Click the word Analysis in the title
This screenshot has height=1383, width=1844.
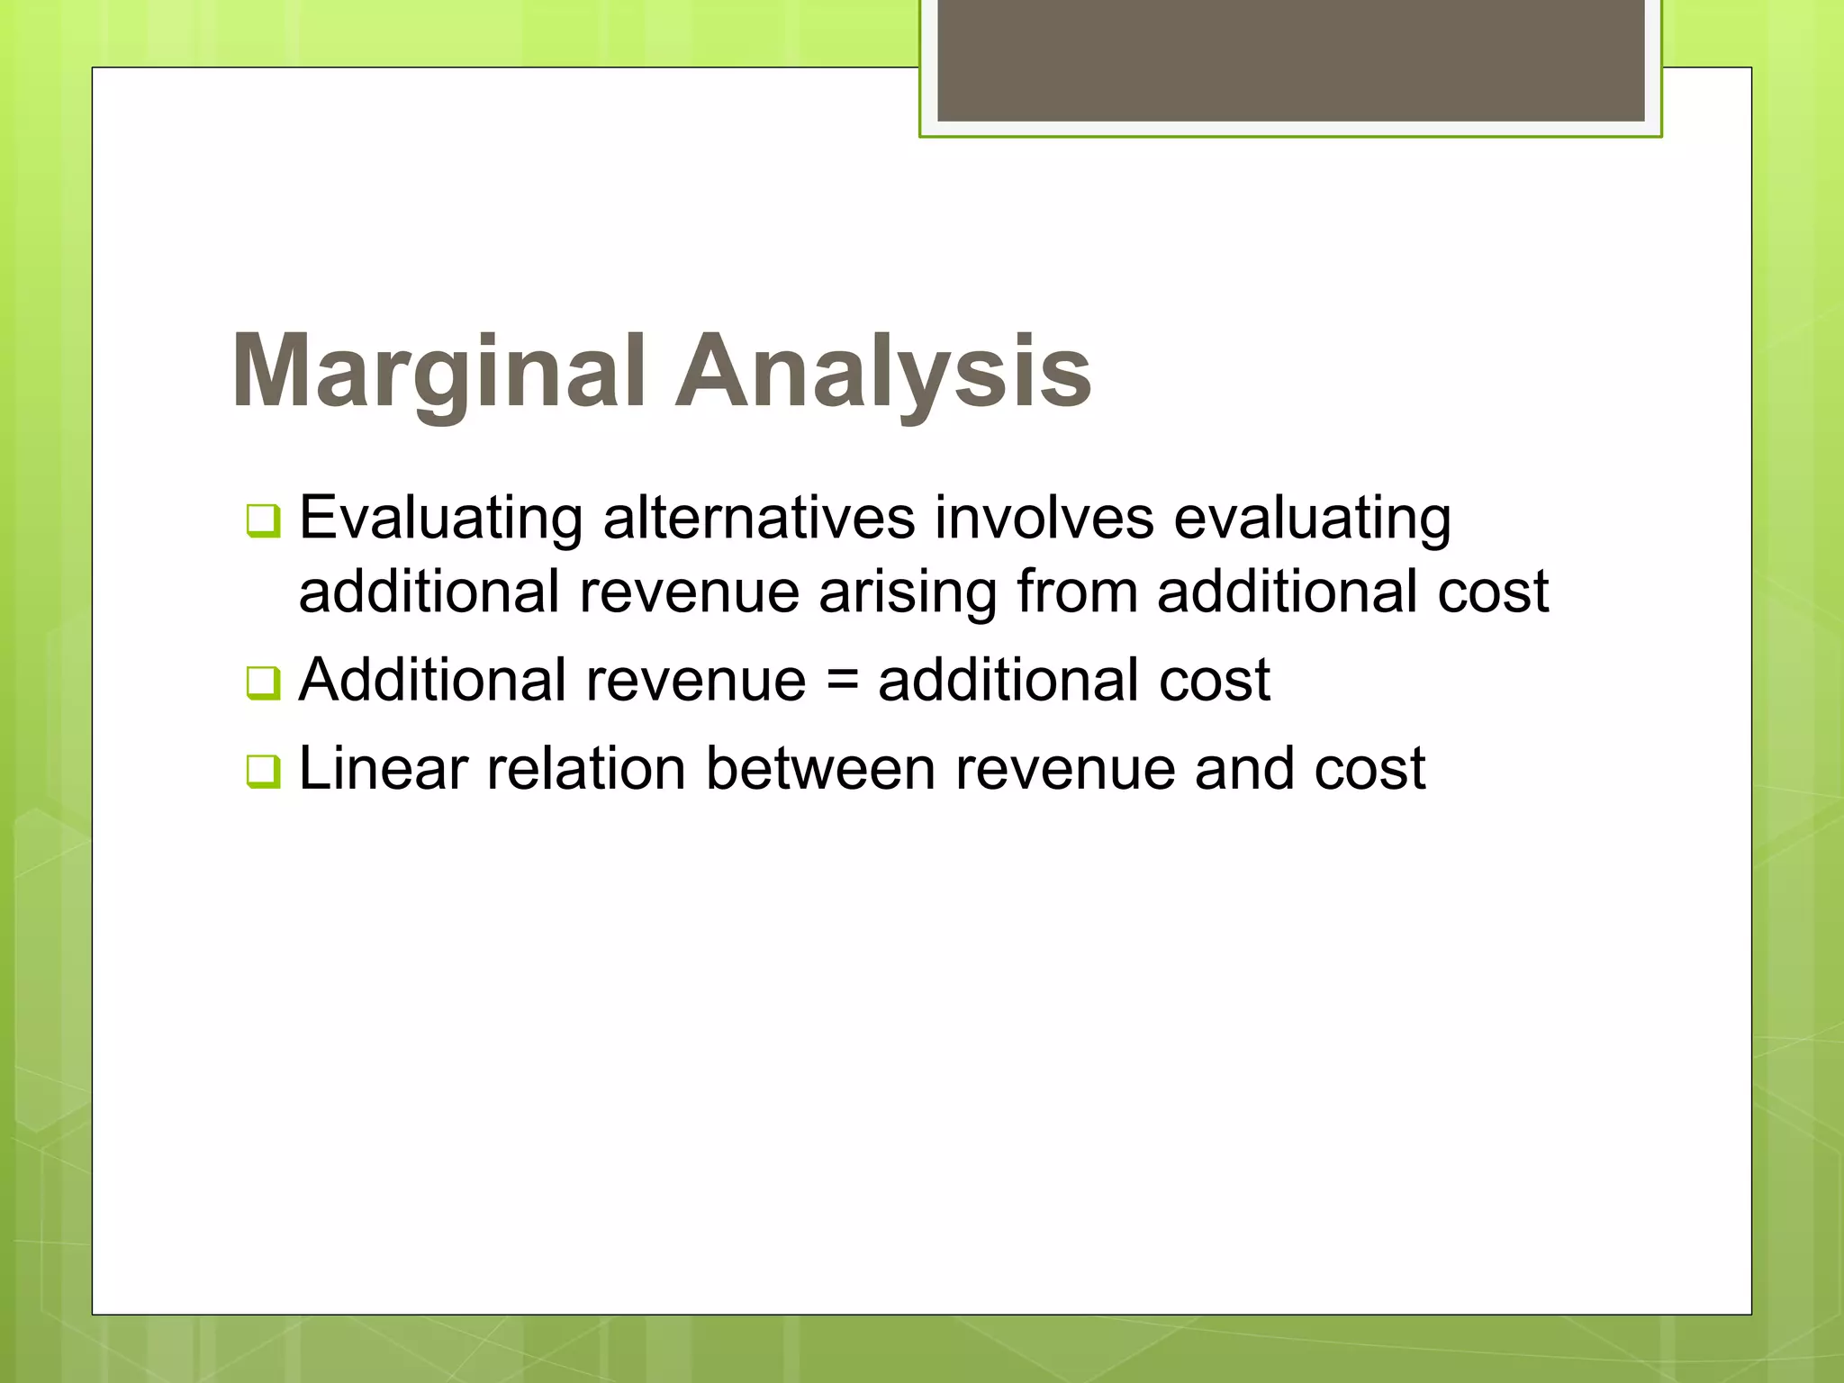click(883, 371)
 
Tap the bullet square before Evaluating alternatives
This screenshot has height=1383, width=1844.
click(263, 520)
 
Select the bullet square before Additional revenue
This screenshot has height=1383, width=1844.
click(263, 682)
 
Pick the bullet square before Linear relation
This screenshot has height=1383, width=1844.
click(263, 771)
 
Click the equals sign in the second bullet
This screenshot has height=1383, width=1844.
click(842, 681)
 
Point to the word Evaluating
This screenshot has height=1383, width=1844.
click(440, 519)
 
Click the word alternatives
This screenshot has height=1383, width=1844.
click(759, 519)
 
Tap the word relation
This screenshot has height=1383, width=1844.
click(586, 769)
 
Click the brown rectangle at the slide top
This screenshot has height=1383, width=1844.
click(1290, 59)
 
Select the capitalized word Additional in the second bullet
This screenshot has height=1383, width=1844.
click(431, 680)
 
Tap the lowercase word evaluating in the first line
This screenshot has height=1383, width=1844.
click(1312, 519)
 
